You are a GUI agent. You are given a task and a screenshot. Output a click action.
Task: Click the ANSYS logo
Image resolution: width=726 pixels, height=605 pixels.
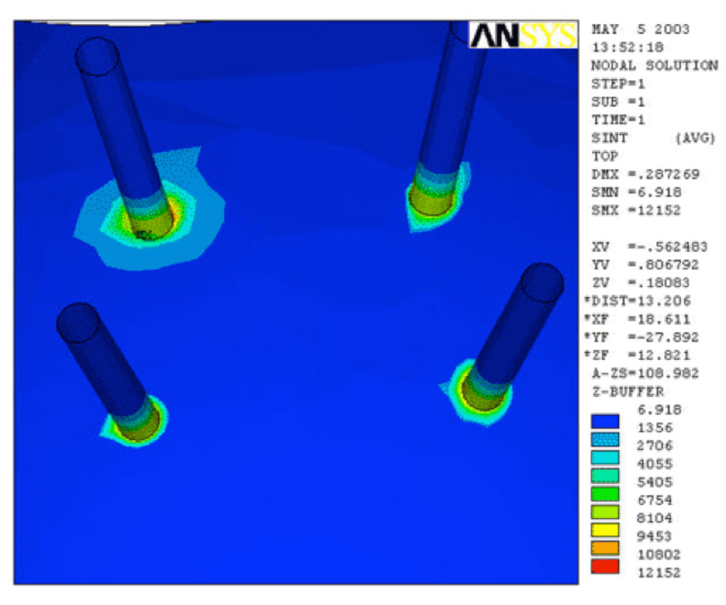tap(523, 35)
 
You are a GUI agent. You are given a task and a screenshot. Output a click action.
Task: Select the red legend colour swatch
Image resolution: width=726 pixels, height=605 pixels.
tap(605, 567)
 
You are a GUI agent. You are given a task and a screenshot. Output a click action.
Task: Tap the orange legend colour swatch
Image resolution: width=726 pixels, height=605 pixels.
tap(605, 548)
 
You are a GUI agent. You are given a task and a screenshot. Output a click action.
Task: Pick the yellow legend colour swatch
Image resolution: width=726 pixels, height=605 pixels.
tap(605, 530)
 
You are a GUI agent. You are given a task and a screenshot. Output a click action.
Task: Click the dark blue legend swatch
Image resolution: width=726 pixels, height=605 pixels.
tap(605, 421)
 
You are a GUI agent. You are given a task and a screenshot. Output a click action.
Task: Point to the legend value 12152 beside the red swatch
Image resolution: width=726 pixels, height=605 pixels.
tap(659, 573)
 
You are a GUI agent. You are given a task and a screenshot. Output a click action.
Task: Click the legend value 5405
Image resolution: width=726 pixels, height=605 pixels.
tap(655, 482)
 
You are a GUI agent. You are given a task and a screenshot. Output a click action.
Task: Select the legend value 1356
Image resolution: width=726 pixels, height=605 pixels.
tap(655, 428)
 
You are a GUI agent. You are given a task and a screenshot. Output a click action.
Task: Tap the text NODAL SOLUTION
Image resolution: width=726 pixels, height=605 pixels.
tap(655, 66)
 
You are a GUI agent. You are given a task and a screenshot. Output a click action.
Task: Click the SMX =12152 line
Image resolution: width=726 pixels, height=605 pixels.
tap(636, 211)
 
